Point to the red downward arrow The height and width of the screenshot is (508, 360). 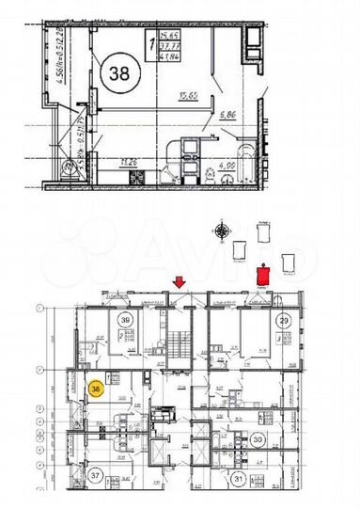180,279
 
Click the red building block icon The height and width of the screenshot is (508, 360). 265,272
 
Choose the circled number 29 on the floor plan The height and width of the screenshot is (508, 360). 282,321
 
